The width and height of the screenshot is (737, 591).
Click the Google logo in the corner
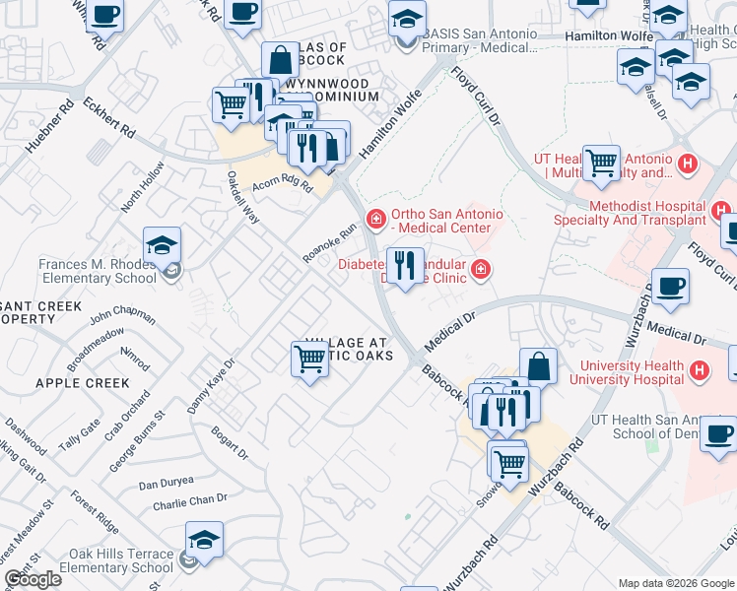(x=33, y=579)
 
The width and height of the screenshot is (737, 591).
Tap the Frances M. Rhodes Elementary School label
(x=98, y=271)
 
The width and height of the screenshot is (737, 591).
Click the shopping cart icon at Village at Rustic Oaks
(x=309, y=360)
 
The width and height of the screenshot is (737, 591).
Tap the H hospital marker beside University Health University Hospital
(x=700, y=370)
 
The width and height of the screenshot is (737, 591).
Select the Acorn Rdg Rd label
(x=282, y=183)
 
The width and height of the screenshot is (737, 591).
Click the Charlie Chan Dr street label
(x=190, y=501)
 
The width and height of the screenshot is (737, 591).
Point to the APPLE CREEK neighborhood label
(x=82, y=382)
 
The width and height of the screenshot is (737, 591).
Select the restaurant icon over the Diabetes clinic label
(x=405, y=266)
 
